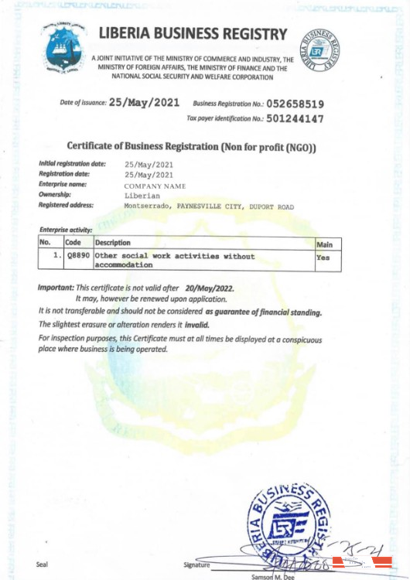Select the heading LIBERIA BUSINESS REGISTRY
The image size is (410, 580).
click(193, 34)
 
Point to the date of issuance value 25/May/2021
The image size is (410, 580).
click(144, 102)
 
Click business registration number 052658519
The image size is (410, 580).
click(295, 103)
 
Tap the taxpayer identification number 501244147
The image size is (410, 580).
click(295, 119)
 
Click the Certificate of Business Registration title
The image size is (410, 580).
click(192, 146)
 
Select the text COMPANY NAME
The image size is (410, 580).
click(155, 186)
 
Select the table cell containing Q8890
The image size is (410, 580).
click(77, 255)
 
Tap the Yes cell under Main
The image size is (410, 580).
click(323, 258)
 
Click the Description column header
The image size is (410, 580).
click(113, 243)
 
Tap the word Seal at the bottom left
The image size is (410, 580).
click(42, 564)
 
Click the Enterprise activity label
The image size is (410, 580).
click(66, 230)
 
